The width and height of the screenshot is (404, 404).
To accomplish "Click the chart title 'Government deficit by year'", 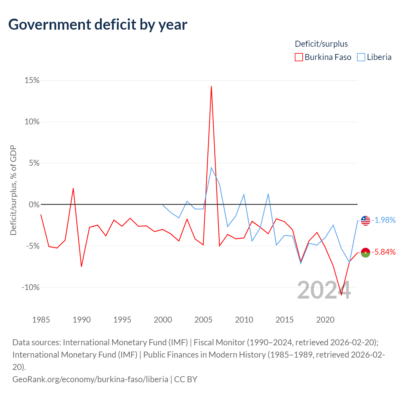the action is pyautogui.click(x=98, y=25).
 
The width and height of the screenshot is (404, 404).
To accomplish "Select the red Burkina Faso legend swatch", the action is pyautogui.click(x=299, y=57).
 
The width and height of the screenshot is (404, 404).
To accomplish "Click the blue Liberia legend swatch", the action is pyautogui.click(x=361, y=57).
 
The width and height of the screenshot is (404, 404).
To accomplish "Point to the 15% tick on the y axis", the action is pyautogui.click(x=32, y=80).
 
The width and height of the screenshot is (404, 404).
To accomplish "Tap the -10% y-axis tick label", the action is pyautogui.click(x=31, y=287).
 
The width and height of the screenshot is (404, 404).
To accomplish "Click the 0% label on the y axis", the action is pyautogui.click(x=34, y=205).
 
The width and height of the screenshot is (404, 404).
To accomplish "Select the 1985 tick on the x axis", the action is pyautogui.click(x=41, y=320).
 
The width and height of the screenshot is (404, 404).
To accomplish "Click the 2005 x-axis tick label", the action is pyautogui.click(x=203, y=320).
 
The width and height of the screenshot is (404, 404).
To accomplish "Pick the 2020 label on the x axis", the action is pyautogui.click(x=325, y=320).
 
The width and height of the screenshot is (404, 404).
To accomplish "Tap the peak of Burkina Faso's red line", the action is pyautogui.click(x=211, y=86).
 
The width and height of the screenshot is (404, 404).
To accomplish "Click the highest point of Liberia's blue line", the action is pyautogui.click(x=211, y=168).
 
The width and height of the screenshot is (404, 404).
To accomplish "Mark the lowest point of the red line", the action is pyautogui.click(x=341, y=295).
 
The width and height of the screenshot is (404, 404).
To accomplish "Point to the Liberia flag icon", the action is pyautogui.click(x=365, y=221).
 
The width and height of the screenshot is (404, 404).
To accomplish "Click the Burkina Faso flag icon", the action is pyautogui.click(x=365, y=252).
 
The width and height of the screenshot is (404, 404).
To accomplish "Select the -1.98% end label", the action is pyautogui.click(x=384, y=220).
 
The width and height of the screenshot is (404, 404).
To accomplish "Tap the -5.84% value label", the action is pyautogui.click(x=384, y=252).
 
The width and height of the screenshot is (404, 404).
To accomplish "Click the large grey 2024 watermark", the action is pyautogui.click(x=324, y=290).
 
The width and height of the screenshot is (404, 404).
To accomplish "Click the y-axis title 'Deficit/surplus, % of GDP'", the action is pyautogui.click(x=14, y=190).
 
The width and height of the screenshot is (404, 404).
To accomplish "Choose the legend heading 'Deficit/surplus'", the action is pyautogui.click(x=321, y=44).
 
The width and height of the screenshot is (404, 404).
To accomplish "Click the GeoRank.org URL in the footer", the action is pyautogui.click(x=90, y=379).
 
